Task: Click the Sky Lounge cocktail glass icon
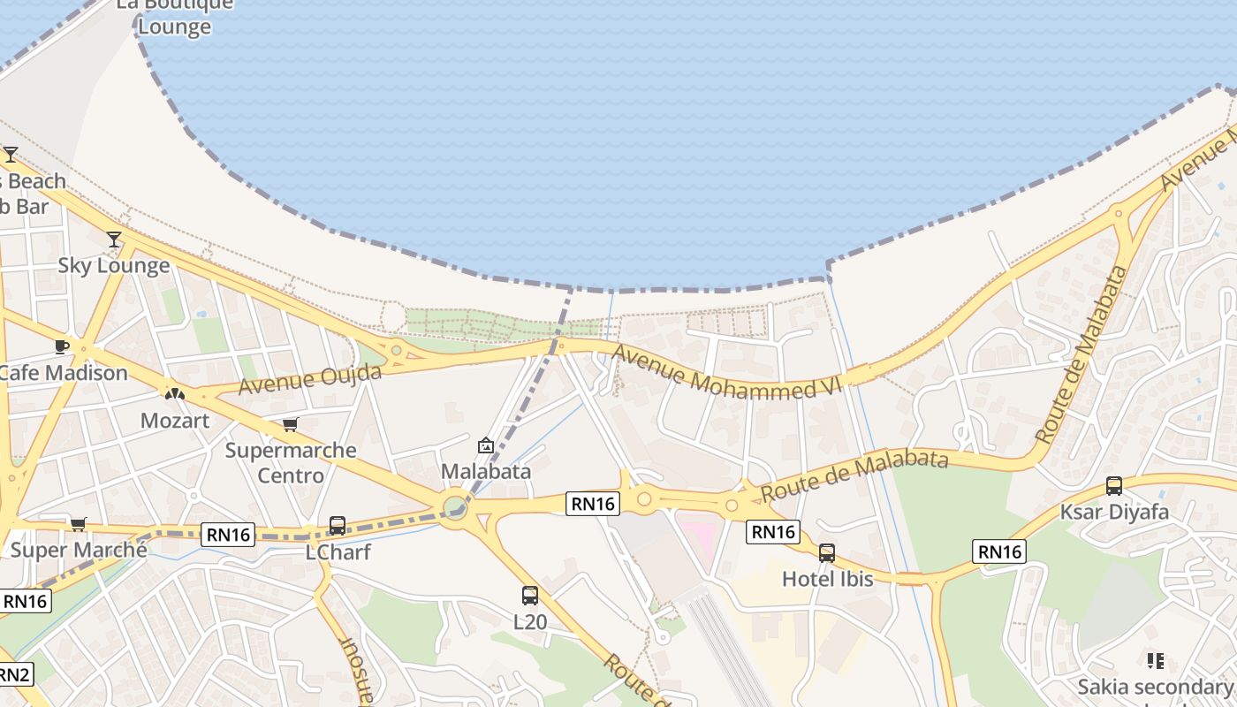click(x=114, y=239)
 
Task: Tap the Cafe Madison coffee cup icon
click(x=61, y=346)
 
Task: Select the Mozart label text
click(x=175, y=421)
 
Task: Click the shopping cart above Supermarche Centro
click(x=290, y=424)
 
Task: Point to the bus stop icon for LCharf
click(x=337, y=526)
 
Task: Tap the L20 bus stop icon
click(x=529, y=596)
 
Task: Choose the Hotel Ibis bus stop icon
click(x=827, y=553)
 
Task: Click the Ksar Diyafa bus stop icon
click(x=1114, y=486)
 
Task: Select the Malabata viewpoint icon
click(x=485, y=445)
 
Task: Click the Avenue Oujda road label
click(x=309, y=379)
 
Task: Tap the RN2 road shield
click(x=12, y=675)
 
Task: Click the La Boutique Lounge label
click(x=175, y=15)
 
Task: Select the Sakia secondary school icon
click(x=1155, y=660)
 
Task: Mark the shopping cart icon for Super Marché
click(x=79, y=524)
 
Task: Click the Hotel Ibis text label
click(x=827, y=580)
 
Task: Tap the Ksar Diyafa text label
click(x=1114, y=512)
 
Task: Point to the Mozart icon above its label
click(x=175, y=393)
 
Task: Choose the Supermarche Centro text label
click(x=291, y=462)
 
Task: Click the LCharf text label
click(x=338, y=552)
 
